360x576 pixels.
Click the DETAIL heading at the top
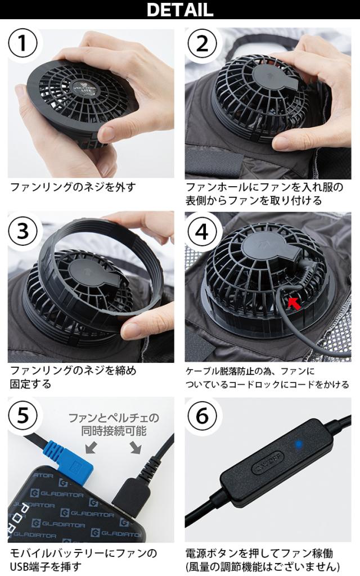(179, 9)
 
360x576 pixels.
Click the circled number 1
(22, 43)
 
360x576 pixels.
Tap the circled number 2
(202, 43)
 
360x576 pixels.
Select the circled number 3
(22, 231)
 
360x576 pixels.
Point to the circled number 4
(202, 231)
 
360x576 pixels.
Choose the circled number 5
(22, 416)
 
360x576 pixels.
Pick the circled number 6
(202, 416)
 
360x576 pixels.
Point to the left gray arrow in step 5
(91, 447)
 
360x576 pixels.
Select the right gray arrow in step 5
(136, 447)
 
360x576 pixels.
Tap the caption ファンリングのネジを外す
(73, 187)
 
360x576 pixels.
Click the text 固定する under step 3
(30, 384)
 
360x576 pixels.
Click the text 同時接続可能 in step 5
(114, 430)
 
